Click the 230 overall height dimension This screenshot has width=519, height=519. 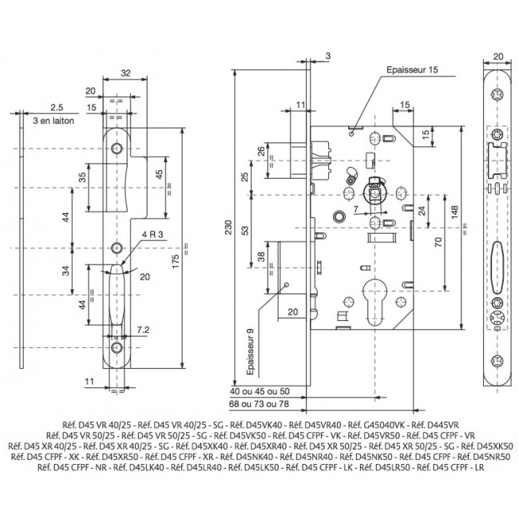[x=228, y=228]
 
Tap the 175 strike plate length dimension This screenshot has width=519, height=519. [x=176, y=261]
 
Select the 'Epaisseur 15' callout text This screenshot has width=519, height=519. [x=412, y=69]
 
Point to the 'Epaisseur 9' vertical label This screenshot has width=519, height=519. [x=251, y=352]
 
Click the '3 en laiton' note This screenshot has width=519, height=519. [x=53, y=121]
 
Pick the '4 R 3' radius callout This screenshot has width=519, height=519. [x=153, y=234]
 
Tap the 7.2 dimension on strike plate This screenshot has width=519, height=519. [x=143, y=330]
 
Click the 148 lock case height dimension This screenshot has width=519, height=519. [x=454, y=212]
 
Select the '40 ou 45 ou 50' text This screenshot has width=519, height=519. [x=259, y=391]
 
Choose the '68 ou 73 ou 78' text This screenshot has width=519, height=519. [x=259, y=404]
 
